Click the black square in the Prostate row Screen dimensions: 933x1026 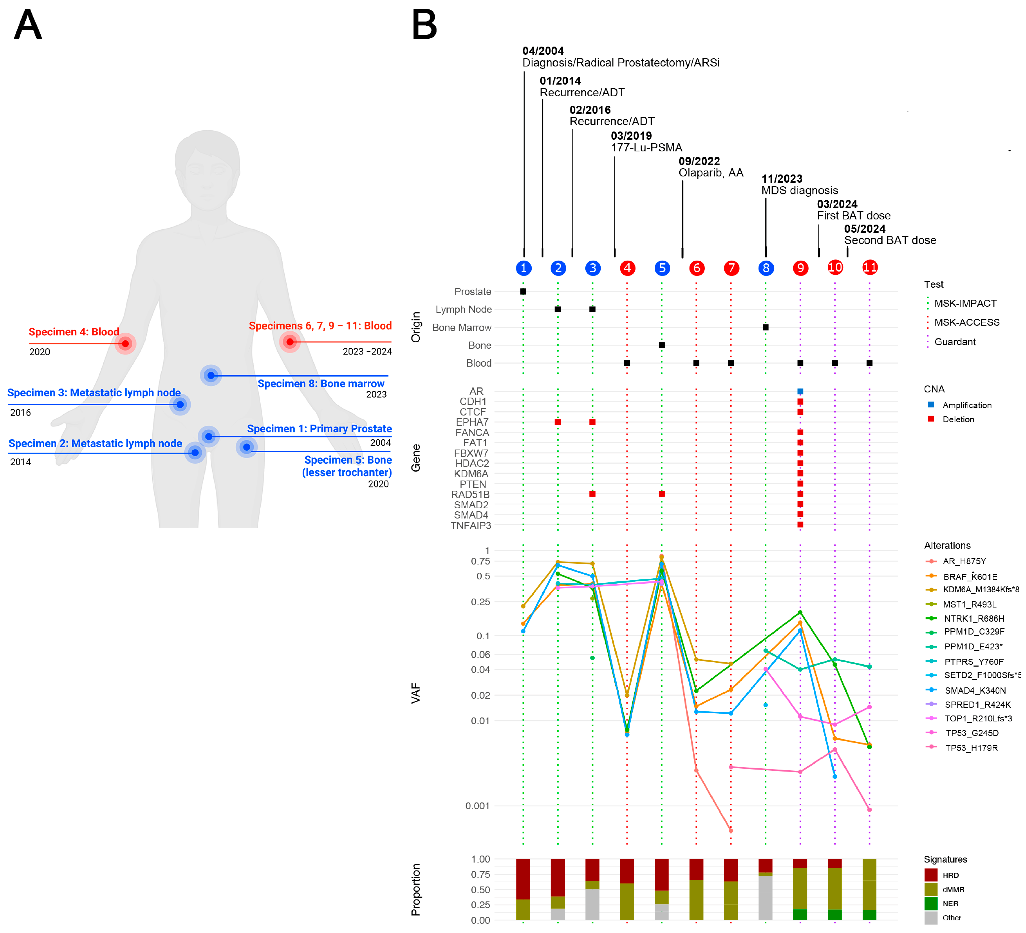click(x=523, y=292)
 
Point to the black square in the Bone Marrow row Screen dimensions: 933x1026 click(x=765, y=327)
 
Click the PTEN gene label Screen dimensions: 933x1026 click(x=473, y=484)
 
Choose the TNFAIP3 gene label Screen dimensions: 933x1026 click(x=471, y=525)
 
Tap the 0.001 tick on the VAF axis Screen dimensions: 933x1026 click(x=477, y=806)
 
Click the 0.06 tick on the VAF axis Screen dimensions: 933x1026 click(x=480, y=655)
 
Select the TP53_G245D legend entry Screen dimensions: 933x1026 click(x=972, y=733)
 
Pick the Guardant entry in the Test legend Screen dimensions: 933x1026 click(x=955, y=342)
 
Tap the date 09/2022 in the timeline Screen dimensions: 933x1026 click(x=699, y=161)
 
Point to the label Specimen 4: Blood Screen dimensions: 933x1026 click(x=74, y=332)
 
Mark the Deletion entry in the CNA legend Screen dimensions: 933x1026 click(x=958, y=419)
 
